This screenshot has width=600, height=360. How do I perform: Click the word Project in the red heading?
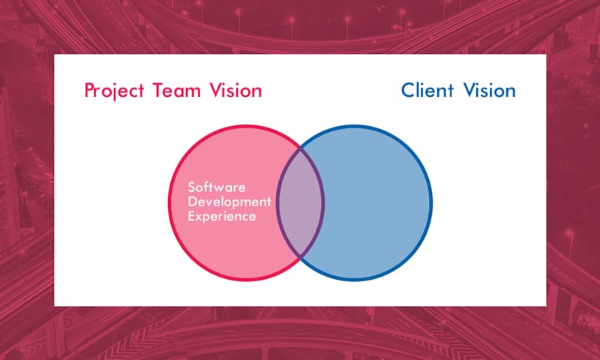click(114, 91)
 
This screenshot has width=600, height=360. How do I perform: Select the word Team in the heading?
click(177, 91)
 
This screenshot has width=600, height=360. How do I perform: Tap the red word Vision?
click(235, 91)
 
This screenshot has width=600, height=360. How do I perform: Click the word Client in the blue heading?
click(427, 91)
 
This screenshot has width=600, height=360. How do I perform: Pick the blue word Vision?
click(490, 91)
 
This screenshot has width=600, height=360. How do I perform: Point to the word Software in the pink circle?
click(217, 187)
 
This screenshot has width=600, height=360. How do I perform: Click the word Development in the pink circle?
click(229, 202)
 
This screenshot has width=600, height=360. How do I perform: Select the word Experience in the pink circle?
click(222, 216)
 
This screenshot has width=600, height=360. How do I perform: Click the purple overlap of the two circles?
click(301, 202)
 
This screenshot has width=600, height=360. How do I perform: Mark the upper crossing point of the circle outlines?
click(301, 148)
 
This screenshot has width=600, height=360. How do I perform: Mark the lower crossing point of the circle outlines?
click(301, 257)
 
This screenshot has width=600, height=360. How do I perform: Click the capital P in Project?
click(89, 91)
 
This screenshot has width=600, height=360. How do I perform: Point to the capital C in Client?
click(409, 91)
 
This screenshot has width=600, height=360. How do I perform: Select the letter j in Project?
click(114, 93)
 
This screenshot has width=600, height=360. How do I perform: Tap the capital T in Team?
click(158, 91)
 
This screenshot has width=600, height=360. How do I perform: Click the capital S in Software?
click(192, 187)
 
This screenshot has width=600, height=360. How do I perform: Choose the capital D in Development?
click(193, 202)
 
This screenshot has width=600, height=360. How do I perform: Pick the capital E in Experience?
click(191, 216)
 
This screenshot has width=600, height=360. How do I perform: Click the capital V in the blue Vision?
click(471, 91)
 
